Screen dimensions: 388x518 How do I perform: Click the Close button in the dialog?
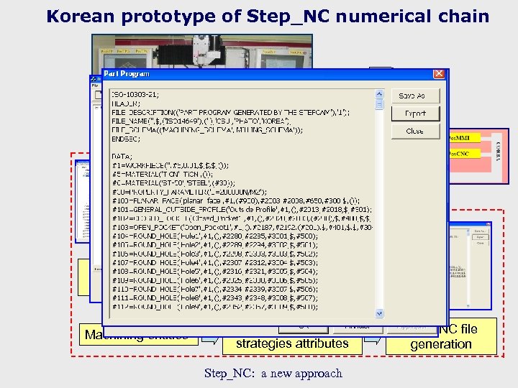pyautogui.click(x=414, y=131)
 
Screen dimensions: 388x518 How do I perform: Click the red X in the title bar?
pyautogui.click(x=439, y=74)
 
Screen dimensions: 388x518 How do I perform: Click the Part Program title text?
pyautogui.click(x=127, y=73)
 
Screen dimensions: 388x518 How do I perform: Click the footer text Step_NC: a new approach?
pyautogui.click(x=273, y=373)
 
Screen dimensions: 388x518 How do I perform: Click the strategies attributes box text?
pyautogui.click(x=292, y=343)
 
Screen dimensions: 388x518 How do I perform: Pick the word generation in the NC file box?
pyautogui.click(x=441, y=344)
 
